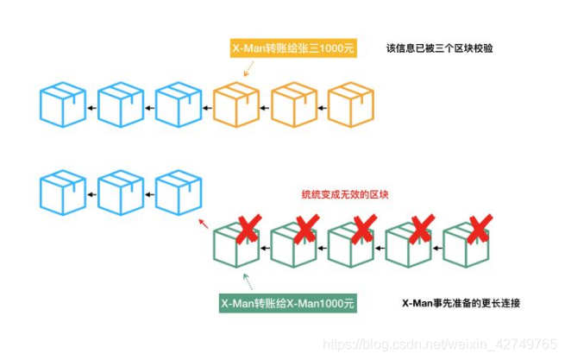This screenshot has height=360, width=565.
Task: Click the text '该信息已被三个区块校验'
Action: pyautogui.click(x=440, y=49)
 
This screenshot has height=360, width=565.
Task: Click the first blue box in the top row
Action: pyautogui.click(x=64, y=105)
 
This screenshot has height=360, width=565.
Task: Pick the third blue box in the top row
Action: pyautogui.click(x=179, y=105)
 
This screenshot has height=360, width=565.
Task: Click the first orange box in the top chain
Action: pyautogui.click(x=236, y=105)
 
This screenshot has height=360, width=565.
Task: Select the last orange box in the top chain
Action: pyautogui.click(x=352, y=105)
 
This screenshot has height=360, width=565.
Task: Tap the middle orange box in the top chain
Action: pyautogui.click(x=294, y=105)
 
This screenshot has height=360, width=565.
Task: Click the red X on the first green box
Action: pyautogui.click(x=249, y=229)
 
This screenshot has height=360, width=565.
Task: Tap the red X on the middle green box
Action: pyautogui.click(x=363, y=229)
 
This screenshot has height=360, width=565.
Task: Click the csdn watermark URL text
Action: pyautogui.click(x=440, y=344)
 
